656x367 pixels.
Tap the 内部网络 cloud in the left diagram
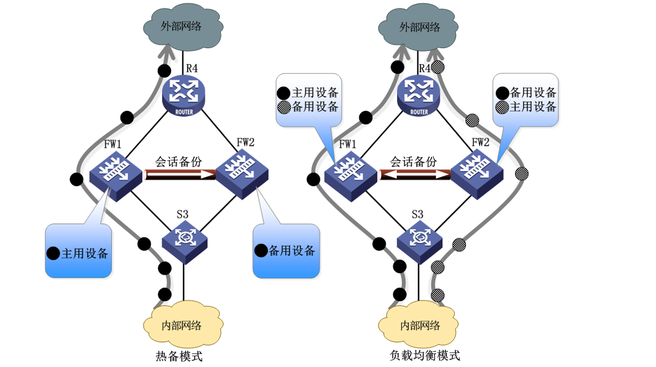pos(183,324)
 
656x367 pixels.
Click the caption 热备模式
pos(178,356)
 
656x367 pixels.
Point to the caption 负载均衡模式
pos(424,356)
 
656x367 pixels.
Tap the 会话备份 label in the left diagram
pos(179,161)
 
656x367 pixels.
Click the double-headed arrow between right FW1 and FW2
pos(415,175)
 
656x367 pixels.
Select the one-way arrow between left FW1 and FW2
pos(180,175)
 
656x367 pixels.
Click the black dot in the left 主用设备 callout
pos(54,253)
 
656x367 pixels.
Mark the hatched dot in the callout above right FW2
pos(502,106)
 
